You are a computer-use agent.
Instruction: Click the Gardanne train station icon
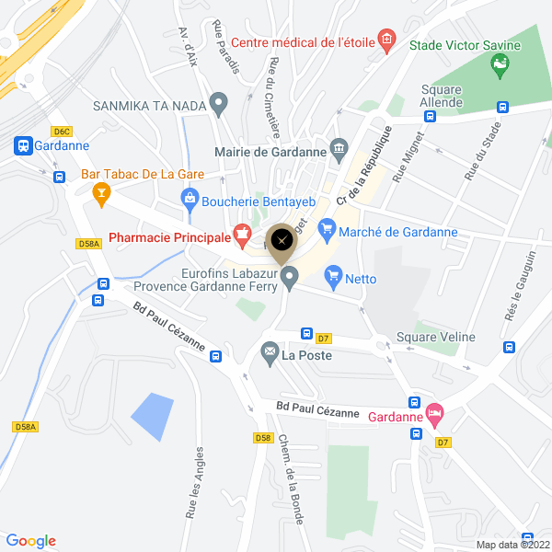(23, 145)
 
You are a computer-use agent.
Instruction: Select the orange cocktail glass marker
(102, 192)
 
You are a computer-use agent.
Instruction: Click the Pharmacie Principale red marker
(242, 236)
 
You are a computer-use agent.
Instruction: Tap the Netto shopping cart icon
(333, 274)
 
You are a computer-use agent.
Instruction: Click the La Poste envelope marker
(270, 351)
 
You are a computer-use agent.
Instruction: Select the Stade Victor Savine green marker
(501, 63)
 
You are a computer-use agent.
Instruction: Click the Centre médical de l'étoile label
(303, 41)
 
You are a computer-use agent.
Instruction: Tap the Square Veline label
(436, 338)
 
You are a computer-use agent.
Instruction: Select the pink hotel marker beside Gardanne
(434, 415)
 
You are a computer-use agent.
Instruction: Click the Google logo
(30, 541)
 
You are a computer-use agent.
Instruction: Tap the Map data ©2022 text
(512, 544)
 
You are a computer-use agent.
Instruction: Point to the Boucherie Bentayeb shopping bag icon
(190, 196)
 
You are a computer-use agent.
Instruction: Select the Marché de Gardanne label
(397, 232)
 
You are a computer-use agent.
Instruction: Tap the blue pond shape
(152, 413)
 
